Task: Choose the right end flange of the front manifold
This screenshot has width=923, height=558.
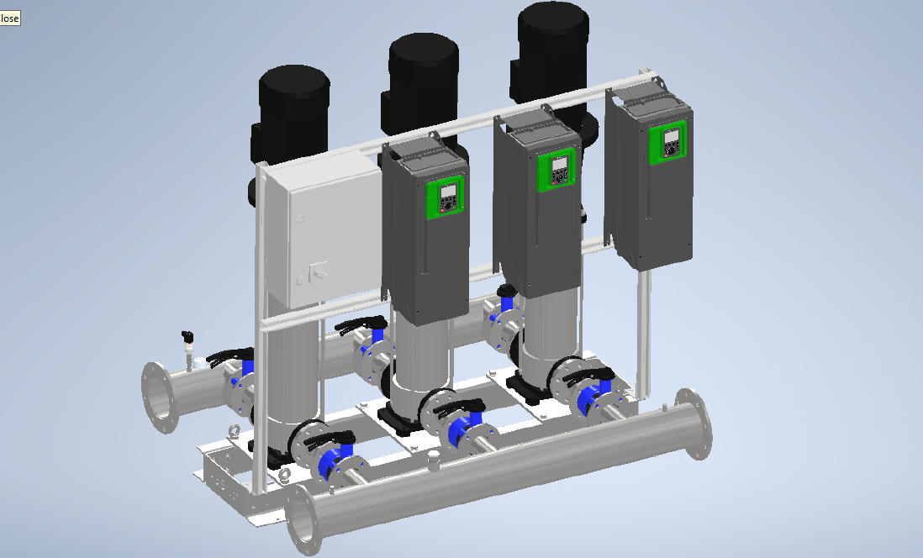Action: coord(695,424)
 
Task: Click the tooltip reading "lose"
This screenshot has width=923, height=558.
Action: coord(10,18)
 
